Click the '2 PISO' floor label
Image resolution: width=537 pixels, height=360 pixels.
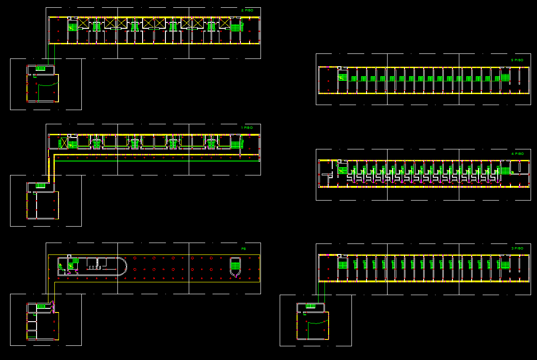coord(247,10)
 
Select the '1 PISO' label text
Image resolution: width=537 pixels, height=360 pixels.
coord(247,127)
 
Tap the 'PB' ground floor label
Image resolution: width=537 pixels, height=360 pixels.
coord(244,249)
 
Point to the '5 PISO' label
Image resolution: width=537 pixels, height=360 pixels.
coord(517,60)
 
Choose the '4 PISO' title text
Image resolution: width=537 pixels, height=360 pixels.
coord(517,154)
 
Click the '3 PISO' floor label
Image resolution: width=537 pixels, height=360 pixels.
coord(517,248)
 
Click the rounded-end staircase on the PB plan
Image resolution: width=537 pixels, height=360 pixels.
coord(235,266)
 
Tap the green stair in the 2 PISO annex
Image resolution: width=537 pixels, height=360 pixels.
coord(40,69)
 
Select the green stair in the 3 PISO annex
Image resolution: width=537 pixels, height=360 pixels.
coord(311,306)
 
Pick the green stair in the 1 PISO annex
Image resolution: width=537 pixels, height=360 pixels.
coord(40,185)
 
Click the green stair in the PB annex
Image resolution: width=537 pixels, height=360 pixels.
coord(41,306)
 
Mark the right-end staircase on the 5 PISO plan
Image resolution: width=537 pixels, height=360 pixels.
coord(505,76)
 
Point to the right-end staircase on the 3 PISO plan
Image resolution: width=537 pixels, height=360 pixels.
coord(505,265)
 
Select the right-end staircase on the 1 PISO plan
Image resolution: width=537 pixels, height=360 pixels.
coord(235,144)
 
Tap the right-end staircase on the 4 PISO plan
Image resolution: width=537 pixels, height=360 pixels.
coord(505,170)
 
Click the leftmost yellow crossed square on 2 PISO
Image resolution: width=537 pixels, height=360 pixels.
coord(83,23)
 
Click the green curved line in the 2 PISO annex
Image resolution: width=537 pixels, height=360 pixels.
coord(48,85)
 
